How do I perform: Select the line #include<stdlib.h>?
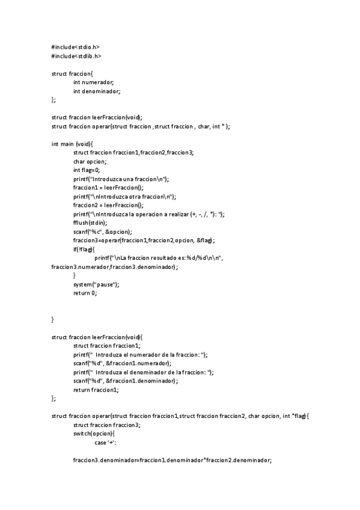click(76, 56)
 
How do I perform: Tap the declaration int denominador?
click(97, 91)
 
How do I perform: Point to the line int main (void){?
click(73, 144)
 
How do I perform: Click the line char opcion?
click(90, 161)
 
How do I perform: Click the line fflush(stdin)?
click(90, 223)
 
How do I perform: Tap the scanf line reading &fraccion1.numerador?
click(122, 363)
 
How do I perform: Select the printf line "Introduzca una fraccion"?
click(121, 179)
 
